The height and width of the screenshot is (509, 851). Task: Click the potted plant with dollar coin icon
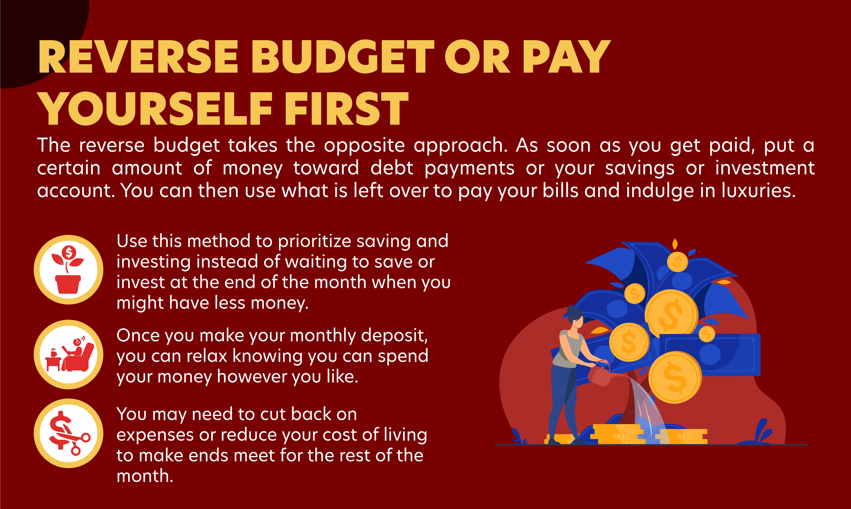(x=68, y=270)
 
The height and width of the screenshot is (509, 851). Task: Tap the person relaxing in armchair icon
(x=70, y=354)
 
